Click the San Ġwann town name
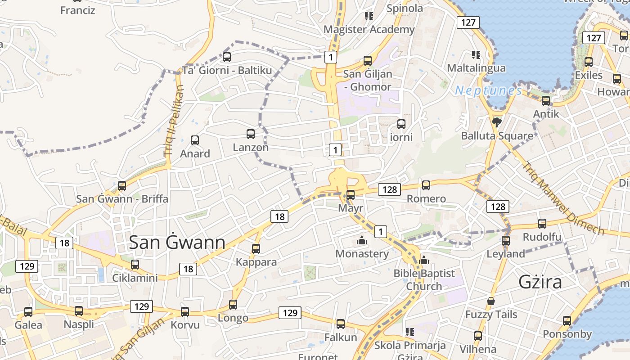tap(177, 243)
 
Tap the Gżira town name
tap(540, 282)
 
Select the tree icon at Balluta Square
tap(497, 122)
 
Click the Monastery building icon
tap(361, 241)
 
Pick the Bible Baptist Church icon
tap(424, 260)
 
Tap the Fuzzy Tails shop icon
tap(491, 301)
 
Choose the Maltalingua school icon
tap(476, 55)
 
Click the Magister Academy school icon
tap(369, 16)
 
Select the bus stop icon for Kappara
tap(256, 248)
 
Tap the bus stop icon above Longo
tap(233, 305)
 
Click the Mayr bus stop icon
tap(351, 195)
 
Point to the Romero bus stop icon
tap(426, 185)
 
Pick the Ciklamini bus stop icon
tap(135, 265)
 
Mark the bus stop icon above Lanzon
tap(251, 134)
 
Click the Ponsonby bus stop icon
tap(567, 321)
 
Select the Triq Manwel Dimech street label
tap(562, 198)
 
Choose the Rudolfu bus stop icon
tap(542, 224)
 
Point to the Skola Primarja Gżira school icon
tap(410, 333)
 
